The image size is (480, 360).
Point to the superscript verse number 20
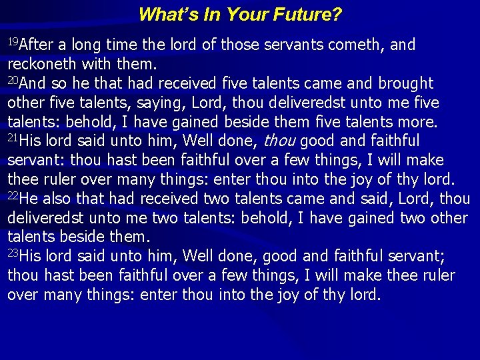click(x=13, y=81)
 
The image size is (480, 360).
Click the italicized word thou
click(x=281, y=141)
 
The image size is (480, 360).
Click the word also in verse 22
click(x=65, y=199)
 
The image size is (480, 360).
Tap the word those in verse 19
click(x=237, y=45)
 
